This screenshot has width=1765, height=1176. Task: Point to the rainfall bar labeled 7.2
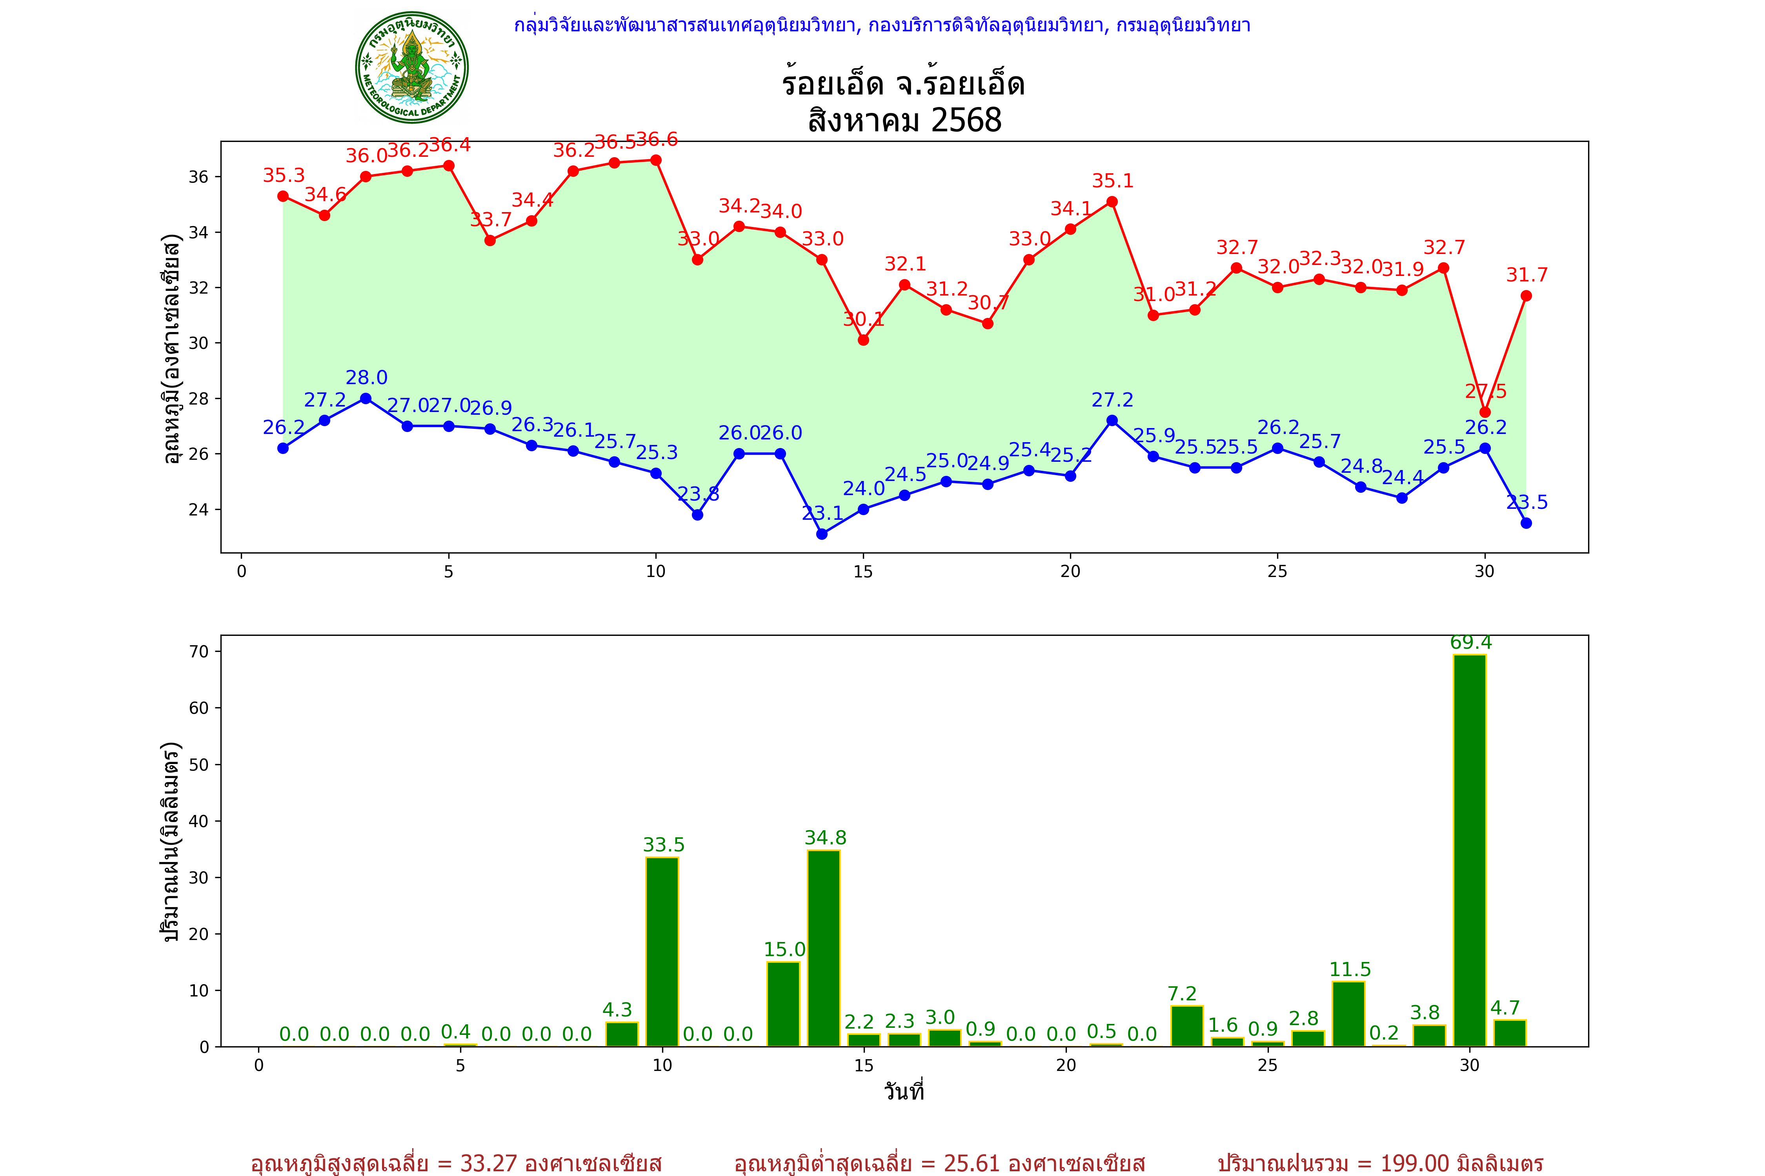coord(1186,1026)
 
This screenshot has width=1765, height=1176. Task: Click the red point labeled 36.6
coord(656,160)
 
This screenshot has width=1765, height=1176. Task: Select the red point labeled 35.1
coord(1112,202)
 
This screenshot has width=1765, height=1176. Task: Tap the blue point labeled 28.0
coord(366,398)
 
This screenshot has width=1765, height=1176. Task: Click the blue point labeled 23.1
coord(822,534)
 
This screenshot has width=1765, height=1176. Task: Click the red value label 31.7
coord(1527,275)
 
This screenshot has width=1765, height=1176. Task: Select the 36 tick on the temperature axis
coord(198,177)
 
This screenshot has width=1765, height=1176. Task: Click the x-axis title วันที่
coord(904,1091)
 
